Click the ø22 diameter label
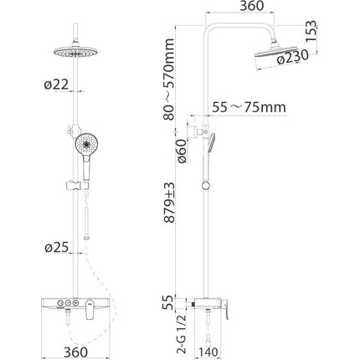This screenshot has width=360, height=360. tap(56, 85)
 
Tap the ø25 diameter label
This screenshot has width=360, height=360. tap(56, 247)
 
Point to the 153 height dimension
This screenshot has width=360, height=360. tap(311, 31)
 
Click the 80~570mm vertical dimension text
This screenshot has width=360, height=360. tap(169, 80)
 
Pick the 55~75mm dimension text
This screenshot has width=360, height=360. tap(249, 107)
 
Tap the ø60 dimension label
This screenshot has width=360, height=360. tap(182, 152)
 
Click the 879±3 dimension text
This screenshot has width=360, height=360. tap(169, 203)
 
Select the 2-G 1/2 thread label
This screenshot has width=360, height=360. tap(182, 335)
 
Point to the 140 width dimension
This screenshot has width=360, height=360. tap(208, 352)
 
